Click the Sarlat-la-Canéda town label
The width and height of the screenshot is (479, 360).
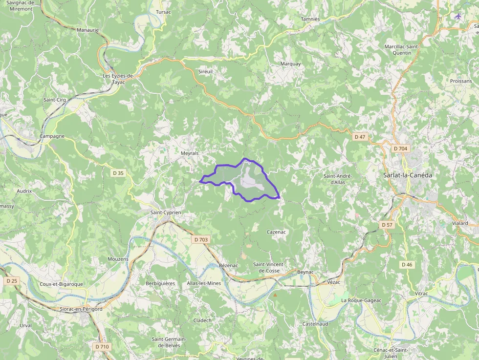(407, 175)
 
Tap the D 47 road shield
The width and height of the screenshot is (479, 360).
(359, 137)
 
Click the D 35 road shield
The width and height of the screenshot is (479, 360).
(118, 172)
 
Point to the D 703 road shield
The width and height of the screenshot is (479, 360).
(201, 239)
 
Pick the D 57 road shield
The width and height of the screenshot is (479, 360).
(387, 225)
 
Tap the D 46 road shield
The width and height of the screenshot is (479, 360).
(407, 264)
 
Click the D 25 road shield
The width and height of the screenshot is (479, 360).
(12, 281)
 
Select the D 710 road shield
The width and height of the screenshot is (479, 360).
(103, 346)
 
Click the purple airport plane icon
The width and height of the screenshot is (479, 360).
(458, 16)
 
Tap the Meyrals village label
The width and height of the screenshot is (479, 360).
(190, 153)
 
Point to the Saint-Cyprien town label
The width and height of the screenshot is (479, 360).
(166, 212)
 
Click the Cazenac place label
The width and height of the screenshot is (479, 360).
(276, 232)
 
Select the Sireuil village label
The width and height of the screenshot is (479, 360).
(205, 71)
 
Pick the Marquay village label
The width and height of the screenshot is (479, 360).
(291, 64)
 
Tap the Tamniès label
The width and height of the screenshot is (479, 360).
(310, 19)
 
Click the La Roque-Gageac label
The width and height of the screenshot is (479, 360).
(362, 300)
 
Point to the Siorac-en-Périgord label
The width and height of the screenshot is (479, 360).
(81, 309)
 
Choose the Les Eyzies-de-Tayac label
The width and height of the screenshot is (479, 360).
(118, 79)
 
